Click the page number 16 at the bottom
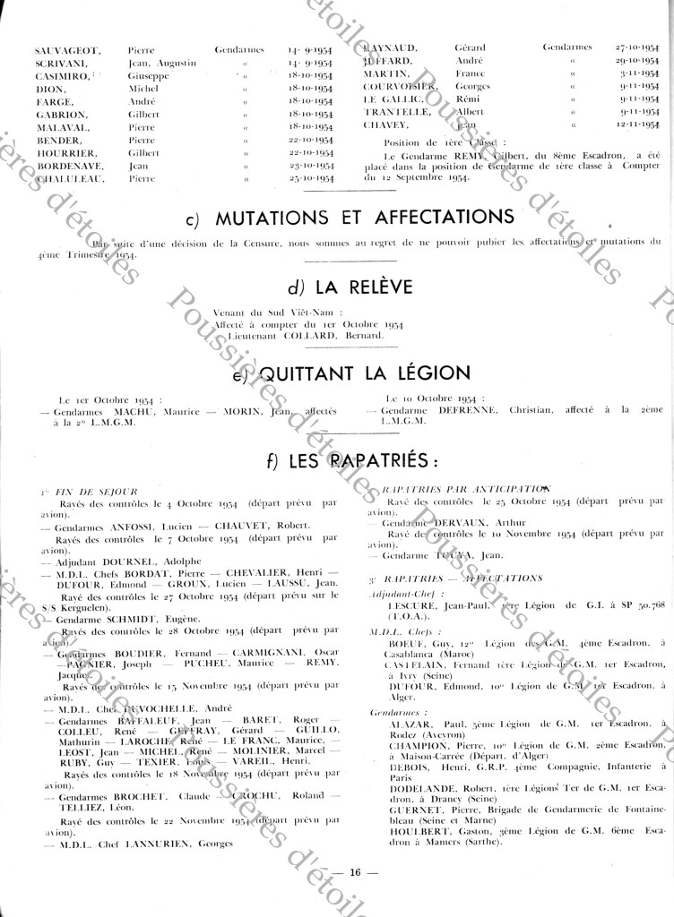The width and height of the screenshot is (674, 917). point(355,871)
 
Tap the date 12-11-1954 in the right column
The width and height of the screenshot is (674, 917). point(637,125)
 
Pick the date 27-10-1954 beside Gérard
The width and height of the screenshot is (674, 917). point(637,47)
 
